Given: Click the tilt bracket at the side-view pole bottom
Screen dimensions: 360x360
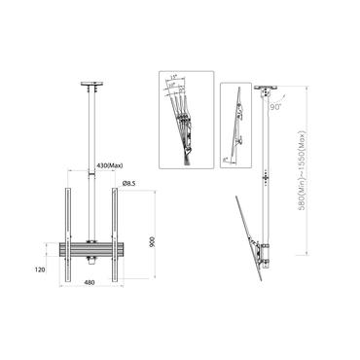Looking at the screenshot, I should coord(263,255).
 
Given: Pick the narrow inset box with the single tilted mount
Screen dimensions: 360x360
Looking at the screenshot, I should coord(234,126).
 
